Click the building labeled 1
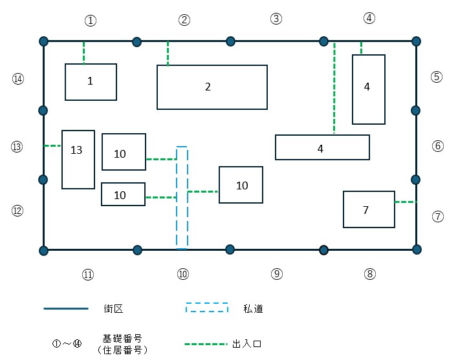[x=91, y=82]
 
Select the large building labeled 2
[x=212, y=87]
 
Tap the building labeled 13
[x=78, y=159]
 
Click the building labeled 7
[x=369, y=209]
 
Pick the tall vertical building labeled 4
[x=368, y=89]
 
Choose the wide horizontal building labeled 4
[x=322, y=147]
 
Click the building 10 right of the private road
[x=241, y=185]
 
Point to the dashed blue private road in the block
[x=182, y=220]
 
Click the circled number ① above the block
[x=91, y=21]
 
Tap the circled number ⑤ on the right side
[x=437, y=76]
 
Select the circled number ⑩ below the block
[x=182, y=274]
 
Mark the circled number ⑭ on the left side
[x=17, y=79]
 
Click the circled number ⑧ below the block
[x=369, y=274]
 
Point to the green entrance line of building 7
[x=406, y=202]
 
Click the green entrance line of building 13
[x=52, y=146]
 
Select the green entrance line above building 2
[x=168, y=53]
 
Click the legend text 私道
[x=255, y=308]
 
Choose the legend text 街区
[x=113, y=308]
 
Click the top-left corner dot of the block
[x=43, y=41]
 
